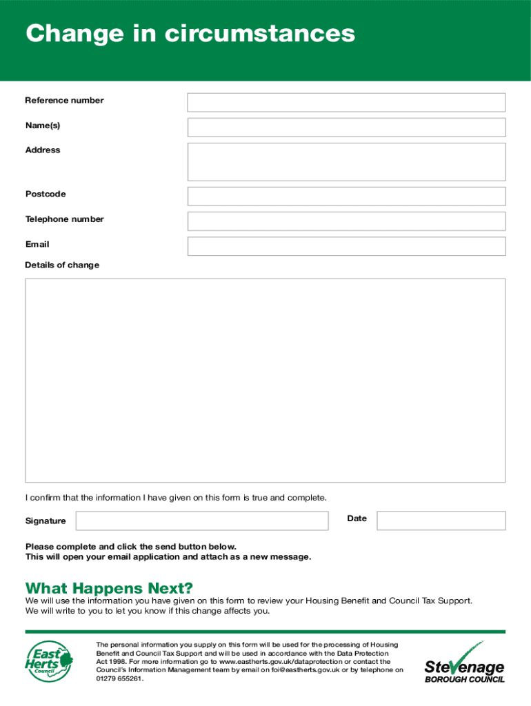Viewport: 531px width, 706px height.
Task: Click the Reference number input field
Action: click(346, 102)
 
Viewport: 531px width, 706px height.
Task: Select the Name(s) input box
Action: click(346, 127)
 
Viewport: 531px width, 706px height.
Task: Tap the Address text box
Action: click(346, 161)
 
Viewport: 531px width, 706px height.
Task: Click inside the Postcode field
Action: click(346, 196)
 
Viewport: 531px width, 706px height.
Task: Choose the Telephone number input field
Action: click(346, 221)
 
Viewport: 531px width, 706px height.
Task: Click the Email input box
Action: click(346, 246)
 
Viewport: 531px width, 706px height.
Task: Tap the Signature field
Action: click(201, 521)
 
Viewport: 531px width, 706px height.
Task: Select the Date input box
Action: click(441, 521)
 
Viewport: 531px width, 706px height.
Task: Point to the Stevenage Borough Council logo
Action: click(464, 663)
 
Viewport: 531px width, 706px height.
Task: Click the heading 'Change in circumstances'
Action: click(190, 33)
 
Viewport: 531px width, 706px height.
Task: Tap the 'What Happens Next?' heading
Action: click(109, 588)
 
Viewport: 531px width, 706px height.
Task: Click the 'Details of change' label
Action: click(62, 265)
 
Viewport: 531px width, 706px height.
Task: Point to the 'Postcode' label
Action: click(46, 194)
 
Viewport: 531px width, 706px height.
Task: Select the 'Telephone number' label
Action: click(64, 219)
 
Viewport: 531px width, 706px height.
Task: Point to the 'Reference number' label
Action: click(64, 101)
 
